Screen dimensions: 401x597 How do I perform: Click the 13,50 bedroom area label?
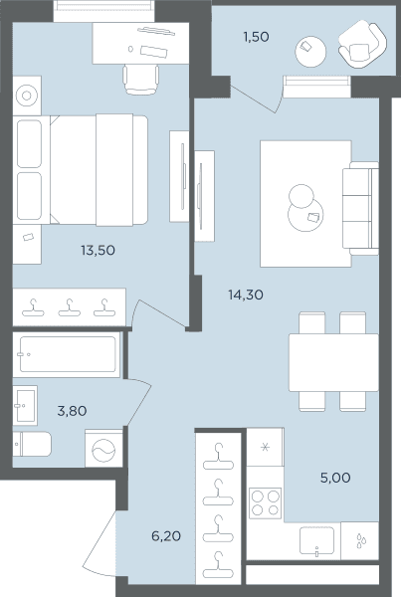tap(98, 250)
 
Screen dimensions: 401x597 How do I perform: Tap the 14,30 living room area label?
tap(246, 295)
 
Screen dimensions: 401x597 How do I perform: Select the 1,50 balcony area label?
tap(256, 37)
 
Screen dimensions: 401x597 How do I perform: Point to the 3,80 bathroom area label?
tap(72, 411)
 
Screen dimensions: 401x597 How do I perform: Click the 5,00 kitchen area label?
tap(335, 478)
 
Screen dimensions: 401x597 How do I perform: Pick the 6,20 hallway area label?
tap(166, 536)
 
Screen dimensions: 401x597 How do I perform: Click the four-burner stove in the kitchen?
tap(265, 502)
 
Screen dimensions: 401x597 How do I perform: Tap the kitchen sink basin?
tap(316, 540)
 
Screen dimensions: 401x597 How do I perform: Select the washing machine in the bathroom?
tap(103, 448)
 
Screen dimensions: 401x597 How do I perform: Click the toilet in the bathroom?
tap(32, 444)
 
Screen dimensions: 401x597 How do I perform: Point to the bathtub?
tap(67, 354)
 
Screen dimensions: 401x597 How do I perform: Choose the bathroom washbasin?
tap(25, 405)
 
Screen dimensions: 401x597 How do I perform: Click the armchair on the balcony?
tap(362, 45)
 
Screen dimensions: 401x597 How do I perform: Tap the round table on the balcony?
tap(310, 52)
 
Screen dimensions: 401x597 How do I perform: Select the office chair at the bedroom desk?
tap(141, 80)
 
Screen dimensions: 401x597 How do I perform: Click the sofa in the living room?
tap(360, 208)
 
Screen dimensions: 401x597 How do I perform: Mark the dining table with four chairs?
tap(333, 362)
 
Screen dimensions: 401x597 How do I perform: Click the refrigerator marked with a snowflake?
tap(265, 447)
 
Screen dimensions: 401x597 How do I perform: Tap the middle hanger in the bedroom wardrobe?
tap(69, 307)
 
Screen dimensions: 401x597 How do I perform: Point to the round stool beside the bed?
tap(27, 96)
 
